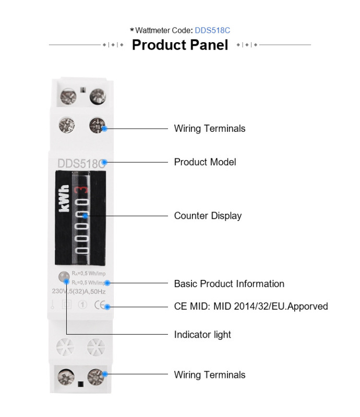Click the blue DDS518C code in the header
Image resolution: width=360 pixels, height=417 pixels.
click(212, 31)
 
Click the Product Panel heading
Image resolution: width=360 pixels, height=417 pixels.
click(180, 45)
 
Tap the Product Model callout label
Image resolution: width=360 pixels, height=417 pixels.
click(205, 162)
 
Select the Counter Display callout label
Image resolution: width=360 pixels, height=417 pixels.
click(208, 216)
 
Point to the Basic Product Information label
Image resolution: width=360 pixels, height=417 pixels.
click(229, 284)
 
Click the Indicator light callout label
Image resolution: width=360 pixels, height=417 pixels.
click(202, 335)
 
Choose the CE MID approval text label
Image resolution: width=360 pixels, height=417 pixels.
click(250, 306)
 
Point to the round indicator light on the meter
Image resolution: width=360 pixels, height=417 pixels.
click(62, 277)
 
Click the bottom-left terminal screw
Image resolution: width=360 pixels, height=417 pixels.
click(67, 375)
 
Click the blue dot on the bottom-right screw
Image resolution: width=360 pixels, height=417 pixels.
click(105, 374)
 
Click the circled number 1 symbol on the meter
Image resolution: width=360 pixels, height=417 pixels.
click(81, 306)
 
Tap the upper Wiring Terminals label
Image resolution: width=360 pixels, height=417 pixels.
click(209, 128)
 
